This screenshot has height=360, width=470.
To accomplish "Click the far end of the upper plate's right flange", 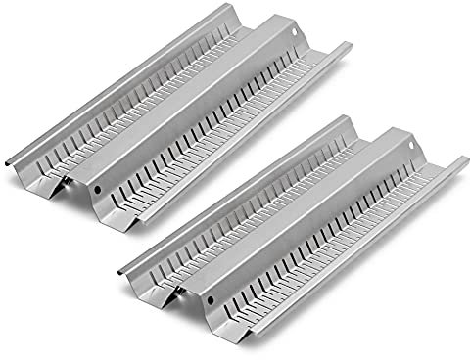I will click(x=347, y=46).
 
